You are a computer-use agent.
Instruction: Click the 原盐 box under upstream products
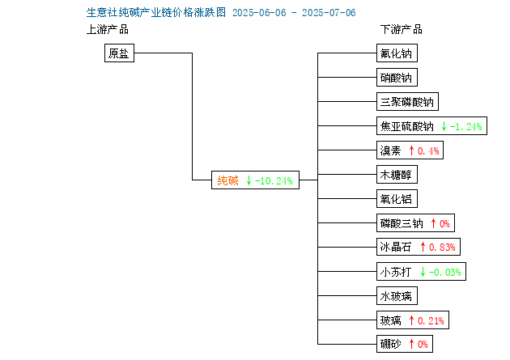click(119, 53)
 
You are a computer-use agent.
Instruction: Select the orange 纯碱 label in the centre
click(227, 180)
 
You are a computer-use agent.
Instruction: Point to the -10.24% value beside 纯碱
click(274, 180)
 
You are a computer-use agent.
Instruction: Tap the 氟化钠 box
click(397, 53)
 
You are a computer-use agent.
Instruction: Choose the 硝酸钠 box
click(397, 78)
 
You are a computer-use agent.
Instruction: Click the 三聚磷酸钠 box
click(407, 102)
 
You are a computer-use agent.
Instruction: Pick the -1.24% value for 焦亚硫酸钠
click(465, 126)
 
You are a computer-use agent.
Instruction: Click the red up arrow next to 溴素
click(411, 150)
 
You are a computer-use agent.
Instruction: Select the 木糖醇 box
click(397, 175)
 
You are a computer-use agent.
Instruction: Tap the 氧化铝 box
click(397, 199)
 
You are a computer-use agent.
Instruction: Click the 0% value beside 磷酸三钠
click(444, 223)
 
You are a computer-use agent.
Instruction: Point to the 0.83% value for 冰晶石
click(442, 248)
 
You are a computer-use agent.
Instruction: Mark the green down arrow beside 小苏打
click(423, 272)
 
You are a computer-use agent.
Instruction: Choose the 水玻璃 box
click(397, 295)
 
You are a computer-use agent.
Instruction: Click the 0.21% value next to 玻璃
click(431, 320)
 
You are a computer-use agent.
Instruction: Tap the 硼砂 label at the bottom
click(391, 344)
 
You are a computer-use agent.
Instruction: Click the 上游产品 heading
click(108, 30)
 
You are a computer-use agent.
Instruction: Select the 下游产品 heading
click(402, 30)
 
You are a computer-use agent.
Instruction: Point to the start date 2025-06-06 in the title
click(259, 13)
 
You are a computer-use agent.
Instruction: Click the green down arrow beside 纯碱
click(249, 180)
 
